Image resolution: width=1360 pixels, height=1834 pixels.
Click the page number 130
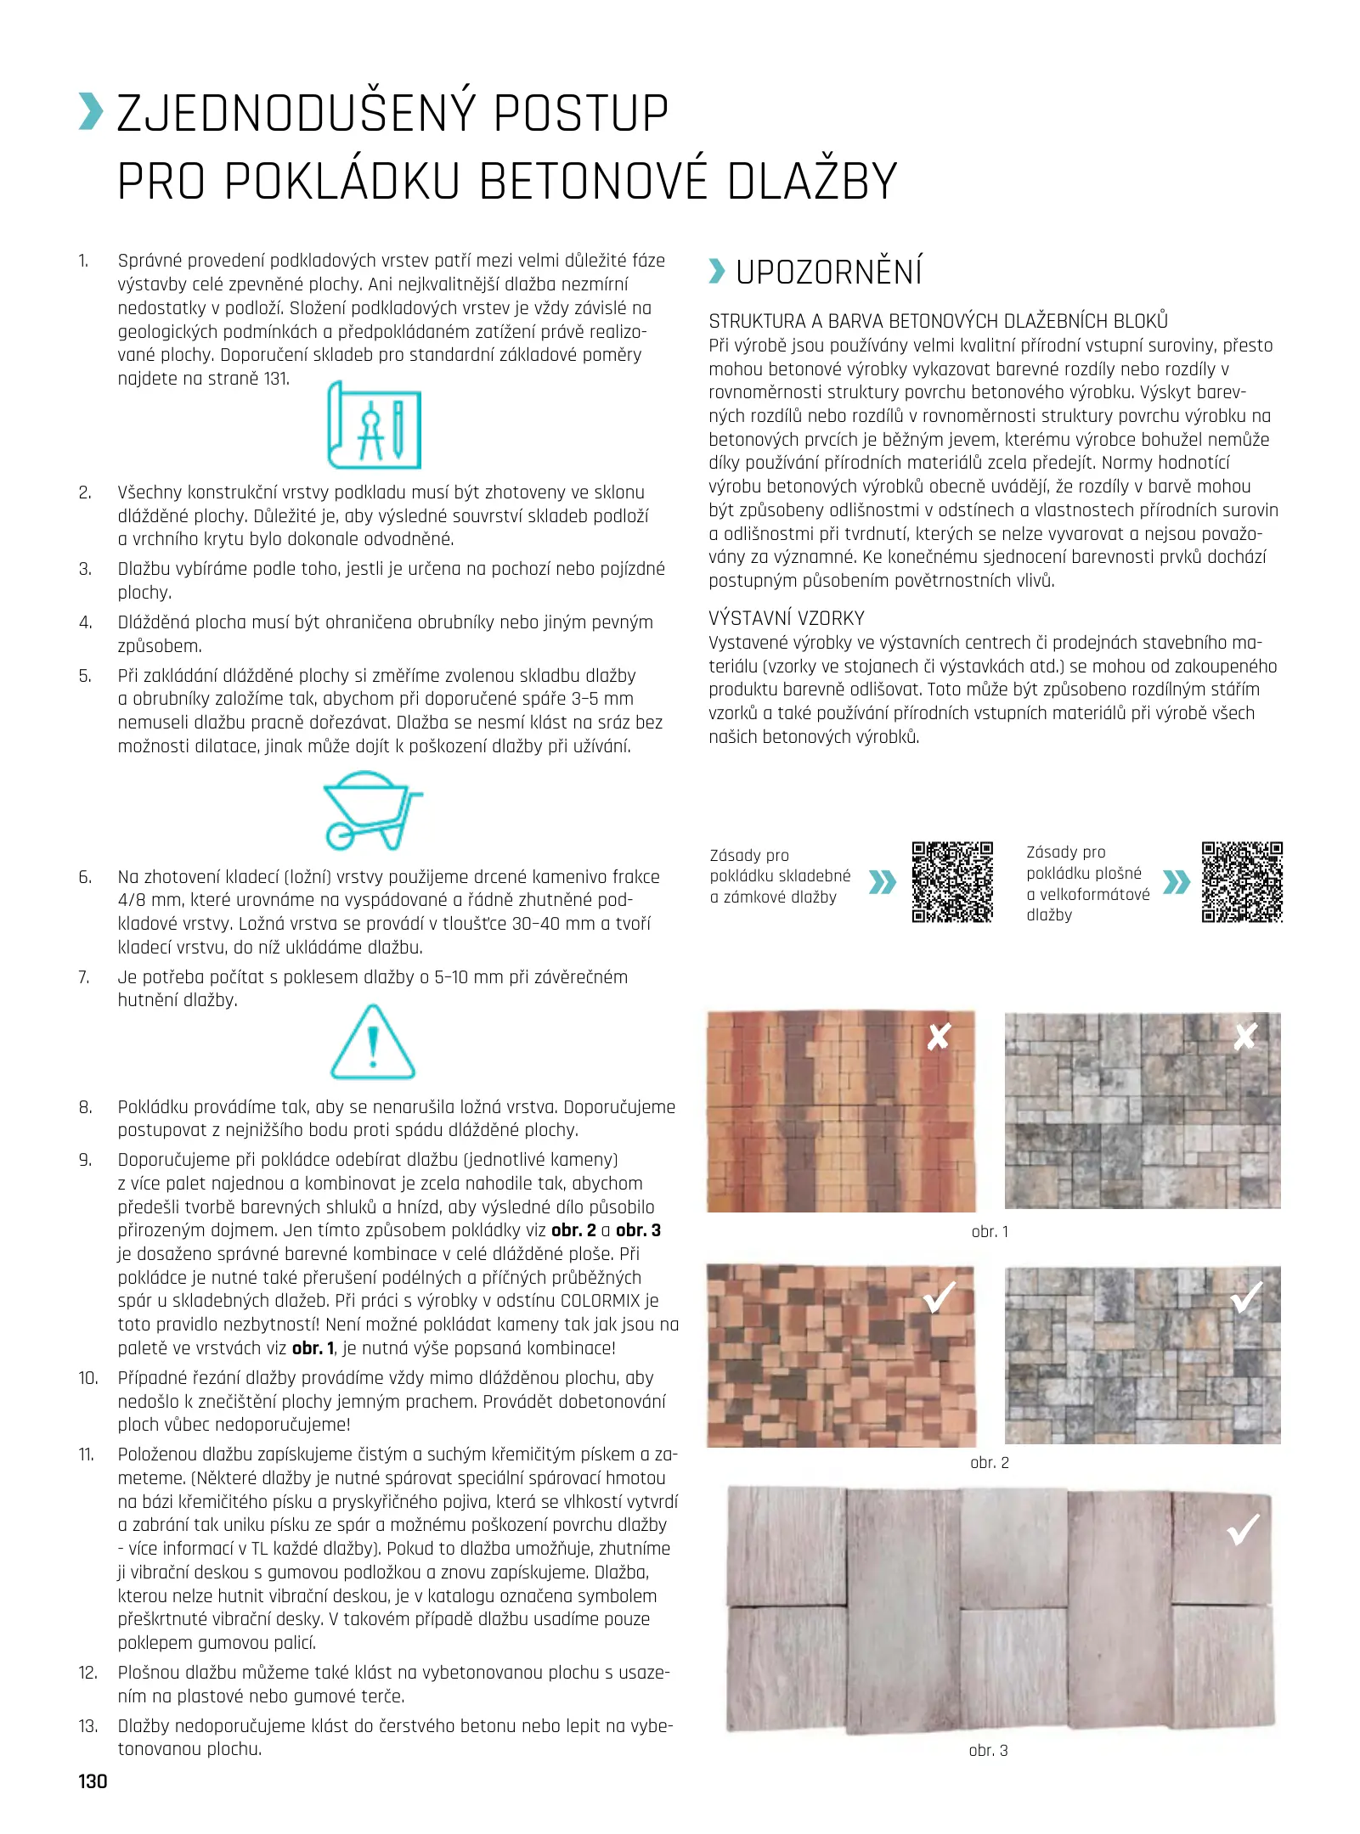point(93,1781)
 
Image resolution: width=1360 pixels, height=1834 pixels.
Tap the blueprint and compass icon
point(375,425)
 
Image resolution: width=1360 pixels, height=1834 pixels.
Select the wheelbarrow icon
point(371,810)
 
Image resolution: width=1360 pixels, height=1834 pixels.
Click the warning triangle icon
point(372,1043)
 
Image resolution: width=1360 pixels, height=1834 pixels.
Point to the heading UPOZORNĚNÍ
point(828,273)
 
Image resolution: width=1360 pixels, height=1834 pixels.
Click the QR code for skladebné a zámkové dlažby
point(952,882)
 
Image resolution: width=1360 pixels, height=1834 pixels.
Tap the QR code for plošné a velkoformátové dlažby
point(1241,882)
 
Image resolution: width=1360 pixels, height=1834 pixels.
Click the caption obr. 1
point(990,1232)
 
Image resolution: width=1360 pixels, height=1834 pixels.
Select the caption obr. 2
point(990,1463)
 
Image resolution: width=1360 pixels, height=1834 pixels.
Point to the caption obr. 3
point(988,1751)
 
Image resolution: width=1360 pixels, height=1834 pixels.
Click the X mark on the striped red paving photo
point(939,1037)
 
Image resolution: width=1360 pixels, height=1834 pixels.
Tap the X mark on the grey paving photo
point(1244,1036)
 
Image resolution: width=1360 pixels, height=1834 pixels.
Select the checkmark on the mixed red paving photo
point(940,1297)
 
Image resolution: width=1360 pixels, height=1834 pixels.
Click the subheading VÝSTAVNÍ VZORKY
point(786,618)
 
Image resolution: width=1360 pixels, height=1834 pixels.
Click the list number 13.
point(88,1726)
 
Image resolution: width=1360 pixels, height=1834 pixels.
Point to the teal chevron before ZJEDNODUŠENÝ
point(90,113)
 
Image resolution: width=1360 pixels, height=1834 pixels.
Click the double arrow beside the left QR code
point(883,883)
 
